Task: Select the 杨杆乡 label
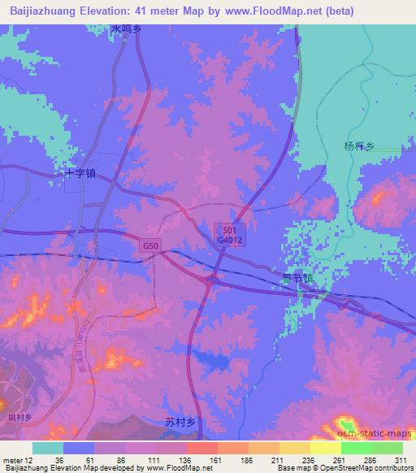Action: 358,146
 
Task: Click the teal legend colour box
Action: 48,448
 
